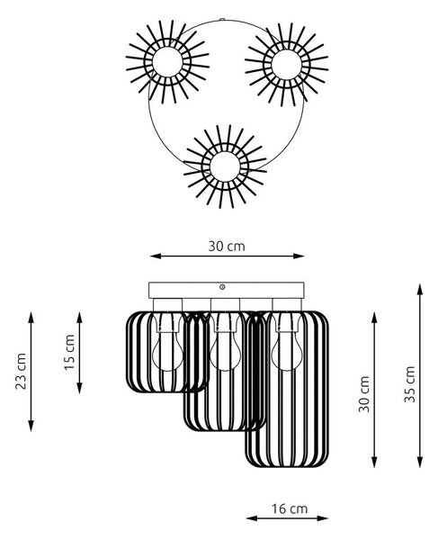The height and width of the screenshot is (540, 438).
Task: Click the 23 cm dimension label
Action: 21,371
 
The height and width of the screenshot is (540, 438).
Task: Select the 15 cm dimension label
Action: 69,352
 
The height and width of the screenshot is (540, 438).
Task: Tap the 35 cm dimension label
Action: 410,384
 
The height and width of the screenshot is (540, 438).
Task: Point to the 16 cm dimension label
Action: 290,508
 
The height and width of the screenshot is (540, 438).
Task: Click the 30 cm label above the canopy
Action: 227,247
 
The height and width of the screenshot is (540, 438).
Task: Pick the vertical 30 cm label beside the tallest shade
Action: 364,394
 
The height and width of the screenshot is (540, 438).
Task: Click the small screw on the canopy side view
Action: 222,286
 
